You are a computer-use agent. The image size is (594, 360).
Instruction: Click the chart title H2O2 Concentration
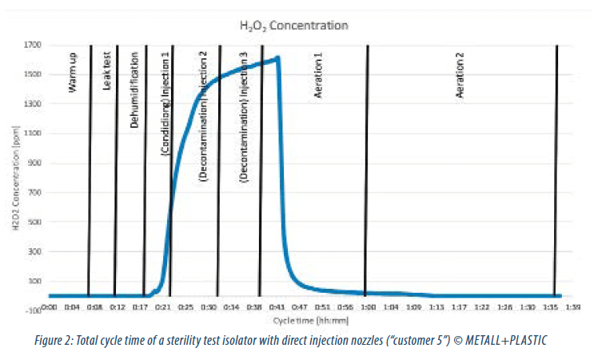(293, 26)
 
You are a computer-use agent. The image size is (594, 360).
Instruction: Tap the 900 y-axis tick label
(36, 163)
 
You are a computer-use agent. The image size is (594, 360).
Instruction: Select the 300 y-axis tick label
(36, 251)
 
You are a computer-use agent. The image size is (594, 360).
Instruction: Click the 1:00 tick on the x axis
(368, 306)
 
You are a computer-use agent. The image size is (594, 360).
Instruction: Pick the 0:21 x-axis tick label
(163, 306)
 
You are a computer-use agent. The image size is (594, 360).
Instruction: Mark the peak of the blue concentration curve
(277, 58)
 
